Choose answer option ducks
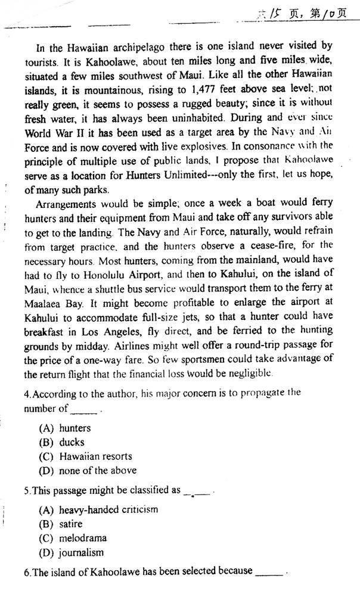[72, 442]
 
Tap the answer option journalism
[81, 552]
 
